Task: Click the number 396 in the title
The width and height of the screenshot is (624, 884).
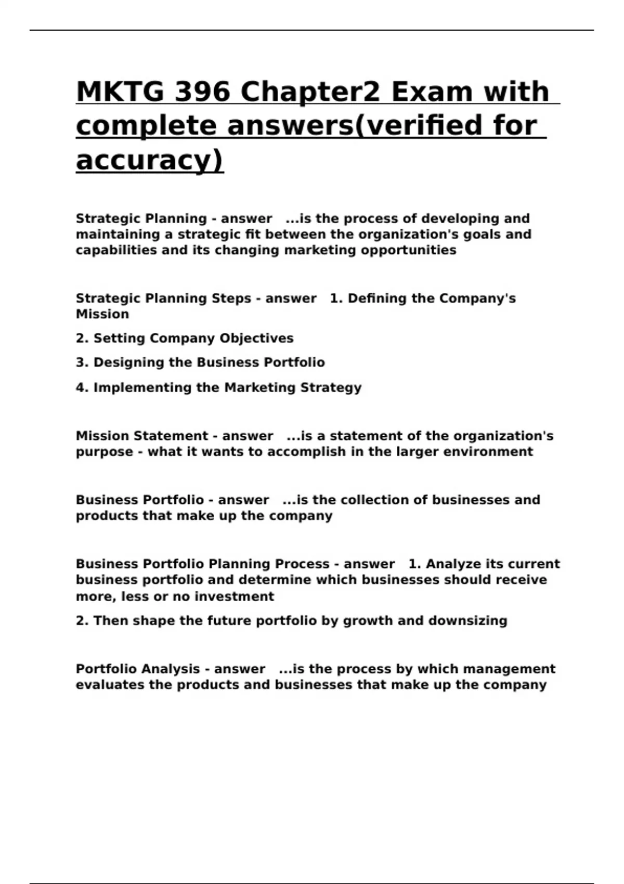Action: coord(202,92)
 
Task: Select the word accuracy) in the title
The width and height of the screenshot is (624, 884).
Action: coord(150,160)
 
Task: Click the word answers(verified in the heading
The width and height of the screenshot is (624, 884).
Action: coord(343,126)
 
